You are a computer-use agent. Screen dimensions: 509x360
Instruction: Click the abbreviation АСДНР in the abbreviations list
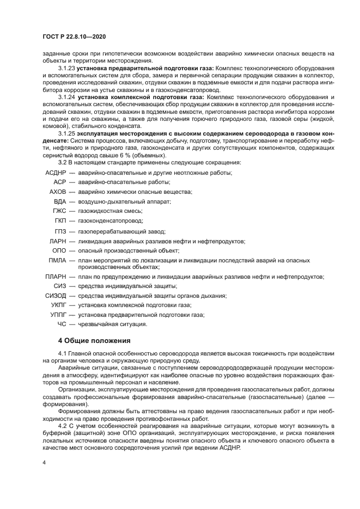click(54, 173)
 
